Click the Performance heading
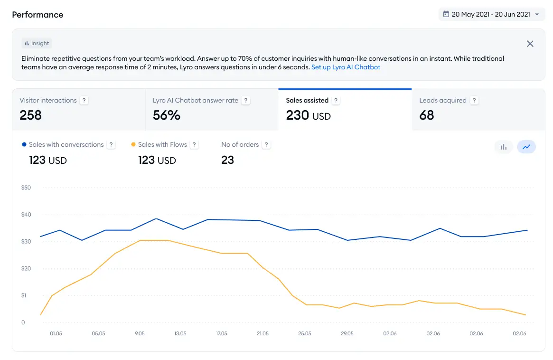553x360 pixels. coord(37,14)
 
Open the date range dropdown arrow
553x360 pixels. coord(537,14)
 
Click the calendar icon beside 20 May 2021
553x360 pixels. coord(446,14)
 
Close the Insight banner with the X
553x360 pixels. coord(530,44)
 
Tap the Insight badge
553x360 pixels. coord(37,43)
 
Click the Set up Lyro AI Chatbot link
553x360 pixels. coord(346,67)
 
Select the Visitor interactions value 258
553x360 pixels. coord(31,115)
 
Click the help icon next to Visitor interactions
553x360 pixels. coord(84,100)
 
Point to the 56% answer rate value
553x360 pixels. coord(167,115)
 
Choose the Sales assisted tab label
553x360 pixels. coord(307,100)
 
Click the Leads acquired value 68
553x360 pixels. coord(426,115)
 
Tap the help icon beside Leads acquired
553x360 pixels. coord(474,100)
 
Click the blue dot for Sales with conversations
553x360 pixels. coord(24,144)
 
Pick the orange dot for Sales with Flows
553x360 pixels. coord(133,144)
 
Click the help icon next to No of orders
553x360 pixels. coord(266,144)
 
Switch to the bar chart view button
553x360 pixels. coord(503,147)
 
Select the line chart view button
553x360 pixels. coord(526,147)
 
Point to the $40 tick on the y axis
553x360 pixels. coord(26,214)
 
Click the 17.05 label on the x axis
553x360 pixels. coord(222,333)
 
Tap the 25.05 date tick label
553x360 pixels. coord(305,333)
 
